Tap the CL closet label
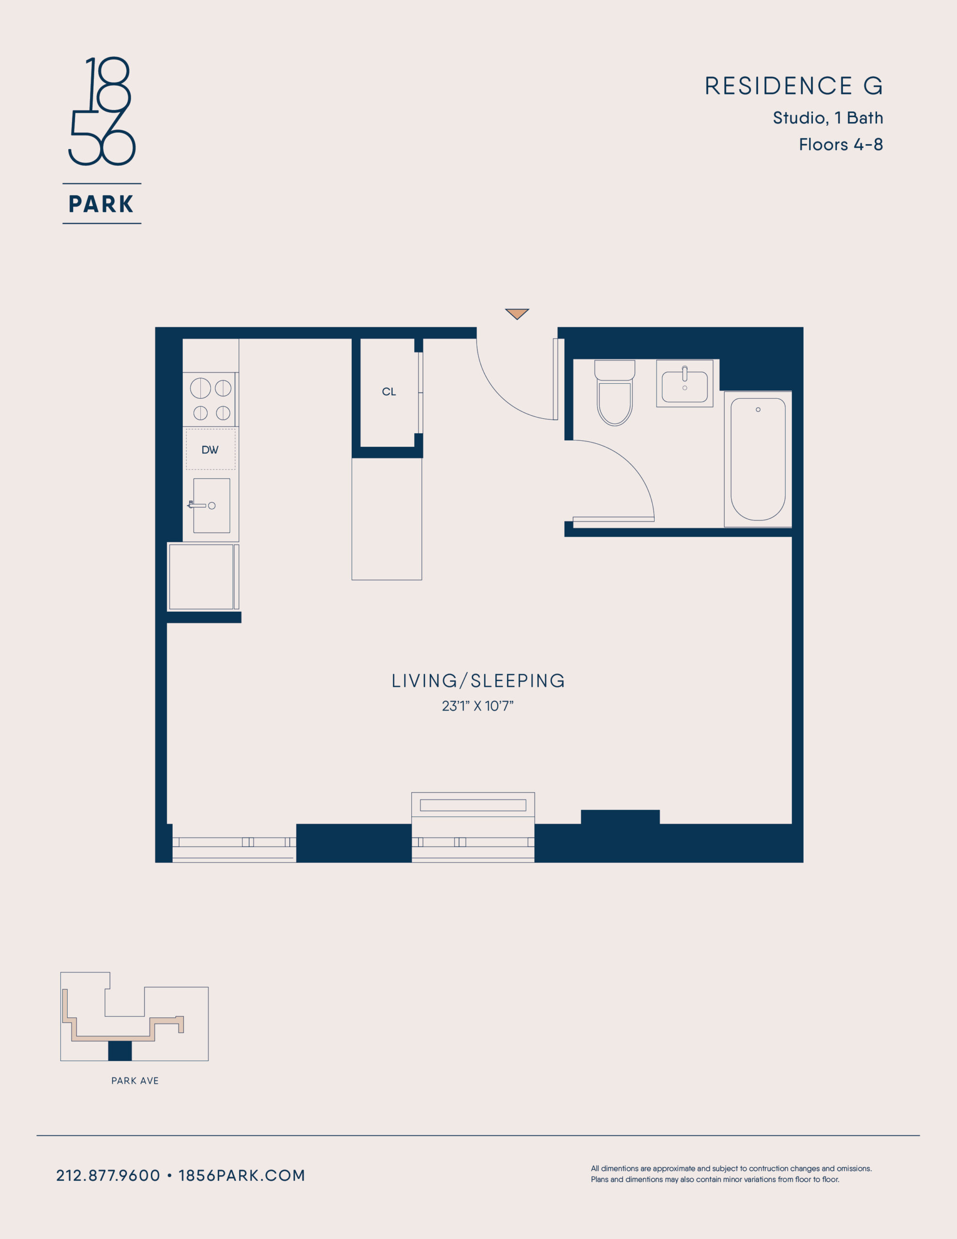click(389, 392)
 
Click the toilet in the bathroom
click(614, 393)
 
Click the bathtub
click(758, 459)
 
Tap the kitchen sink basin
click(211, 505)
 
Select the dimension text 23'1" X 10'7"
click(478, 706)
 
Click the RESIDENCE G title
click(793, 86)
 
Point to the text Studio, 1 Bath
click(828, 118)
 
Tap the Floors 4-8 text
click(841, 145)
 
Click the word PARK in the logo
click(102, 204)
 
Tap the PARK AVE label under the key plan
click(135, 1081)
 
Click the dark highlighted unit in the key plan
click(120, 1051)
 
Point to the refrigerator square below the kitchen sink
click(201, 577)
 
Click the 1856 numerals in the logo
click(102, 111)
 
